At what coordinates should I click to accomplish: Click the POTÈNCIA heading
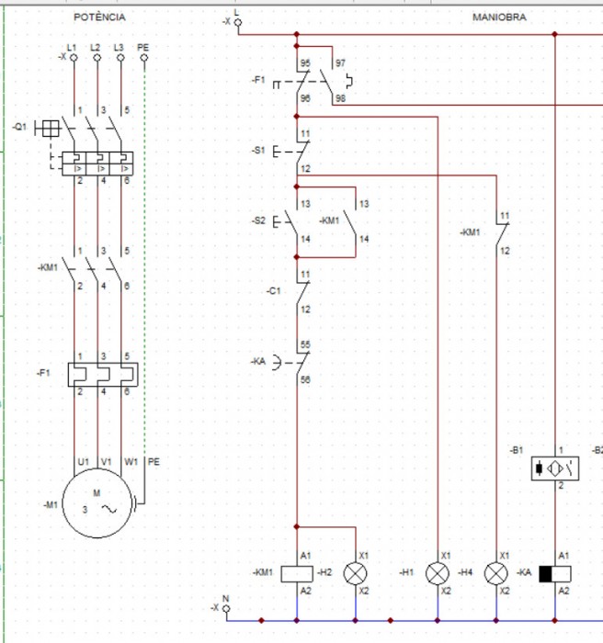click(99, 17)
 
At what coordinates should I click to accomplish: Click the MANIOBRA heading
click(499, 17)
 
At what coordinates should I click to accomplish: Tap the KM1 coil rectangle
click(296, 573)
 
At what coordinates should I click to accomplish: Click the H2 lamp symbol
click(355, 573)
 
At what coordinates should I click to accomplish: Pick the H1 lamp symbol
click(438, 573)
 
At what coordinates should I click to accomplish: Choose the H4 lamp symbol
click(496, 573)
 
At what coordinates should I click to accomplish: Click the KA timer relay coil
click(554, 573)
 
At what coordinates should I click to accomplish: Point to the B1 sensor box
click(554, 468)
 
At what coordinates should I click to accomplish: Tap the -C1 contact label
click(273, 291)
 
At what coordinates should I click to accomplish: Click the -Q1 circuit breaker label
click(19, 127)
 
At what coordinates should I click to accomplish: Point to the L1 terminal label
click(72, 46)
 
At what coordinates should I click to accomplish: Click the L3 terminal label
click(119, 46)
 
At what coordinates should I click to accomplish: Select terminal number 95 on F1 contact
click(304, 63)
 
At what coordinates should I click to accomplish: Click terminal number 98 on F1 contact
click(341, 97)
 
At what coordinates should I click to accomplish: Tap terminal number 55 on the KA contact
click(305, 345)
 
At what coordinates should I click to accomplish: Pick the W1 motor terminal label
click(131, 462)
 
